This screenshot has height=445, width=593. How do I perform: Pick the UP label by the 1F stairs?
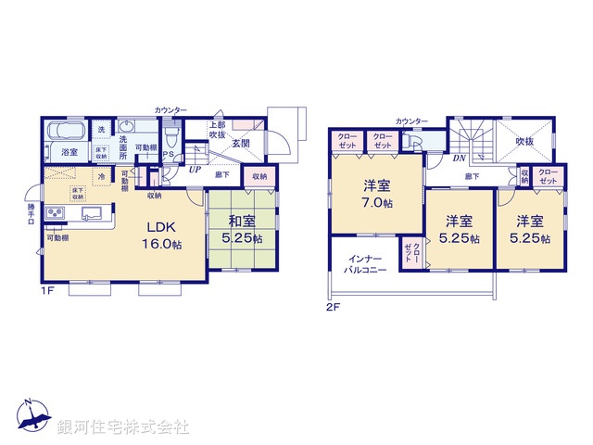click(x=195, y=170)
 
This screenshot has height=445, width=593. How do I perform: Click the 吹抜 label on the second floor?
click(x=525, y=142)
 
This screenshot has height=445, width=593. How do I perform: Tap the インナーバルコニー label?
click(x=367, y=263)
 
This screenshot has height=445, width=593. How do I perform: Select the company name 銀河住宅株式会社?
click(x=123, y=427)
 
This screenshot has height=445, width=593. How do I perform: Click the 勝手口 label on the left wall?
click(x=31, y=216)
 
